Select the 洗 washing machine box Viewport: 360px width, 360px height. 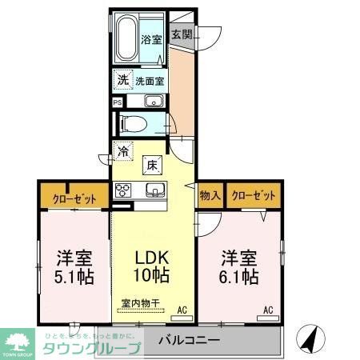pos(122,80)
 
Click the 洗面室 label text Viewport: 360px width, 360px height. pos(149,81)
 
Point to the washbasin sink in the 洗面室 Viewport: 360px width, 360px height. pos(154,102)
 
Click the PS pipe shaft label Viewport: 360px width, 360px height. pos(118,102)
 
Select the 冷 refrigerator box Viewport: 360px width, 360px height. pos(123,150)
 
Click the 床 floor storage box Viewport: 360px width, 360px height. pos(150,166)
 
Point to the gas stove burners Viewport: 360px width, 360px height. pos(124,190)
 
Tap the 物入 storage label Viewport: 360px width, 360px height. pos(210,194)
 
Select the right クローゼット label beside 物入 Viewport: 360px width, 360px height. pos(254,194)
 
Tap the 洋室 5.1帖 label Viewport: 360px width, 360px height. pos(74,267)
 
